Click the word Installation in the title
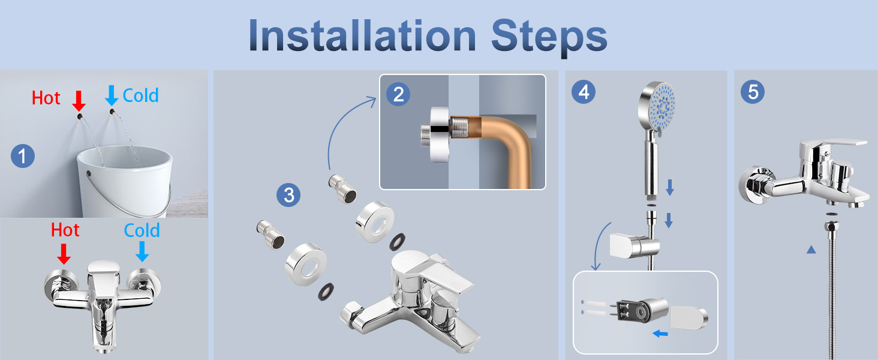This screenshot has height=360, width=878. point(363,35)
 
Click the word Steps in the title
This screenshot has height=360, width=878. point(549,38)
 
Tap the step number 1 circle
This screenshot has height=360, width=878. point(23,156)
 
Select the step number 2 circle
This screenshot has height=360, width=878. point(398,95)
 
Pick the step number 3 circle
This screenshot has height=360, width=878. point(288,195)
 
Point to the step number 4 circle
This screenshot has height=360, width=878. point(584,92)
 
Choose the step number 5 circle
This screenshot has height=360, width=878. point(753,92)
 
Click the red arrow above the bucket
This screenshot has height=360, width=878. point(79,101)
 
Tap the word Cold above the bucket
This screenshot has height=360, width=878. point(141,95)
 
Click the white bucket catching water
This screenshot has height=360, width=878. point(125,181)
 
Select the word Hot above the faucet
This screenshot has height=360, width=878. point(65,230)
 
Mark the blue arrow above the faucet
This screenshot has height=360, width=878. point(142,251)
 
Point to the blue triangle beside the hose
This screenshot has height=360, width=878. point(811,250)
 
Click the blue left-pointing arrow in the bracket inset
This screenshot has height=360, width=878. point(660,334)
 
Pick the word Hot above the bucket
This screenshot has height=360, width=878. point(46,98)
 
